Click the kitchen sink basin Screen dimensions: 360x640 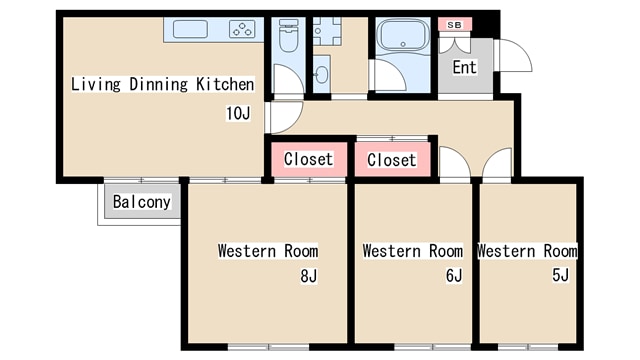(x=190, y=29)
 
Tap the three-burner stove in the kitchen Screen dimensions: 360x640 (x=243, y=29)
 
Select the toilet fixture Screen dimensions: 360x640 (x=288, y=38)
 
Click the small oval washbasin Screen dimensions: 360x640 (x=321, y=73)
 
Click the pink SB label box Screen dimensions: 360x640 (x=454, y=24)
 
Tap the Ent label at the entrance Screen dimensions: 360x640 (x=464, y=68)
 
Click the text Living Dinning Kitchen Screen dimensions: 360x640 (x=162, y=84)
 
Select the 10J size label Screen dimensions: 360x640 (x=238, y=113)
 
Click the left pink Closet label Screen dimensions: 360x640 (x=308, y=160)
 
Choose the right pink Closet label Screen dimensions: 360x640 (x=391, y=160)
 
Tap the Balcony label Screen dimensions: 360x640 (x=141, y=202)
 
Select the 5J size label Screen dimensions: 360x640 (x=560, y=275)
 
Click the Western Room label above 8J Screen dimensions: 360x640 (x=268, y=250)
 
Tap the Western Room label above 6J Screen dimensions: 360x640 (x=412, y=250)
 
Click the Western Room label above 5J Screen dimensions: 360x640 (x=527, y=250)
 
